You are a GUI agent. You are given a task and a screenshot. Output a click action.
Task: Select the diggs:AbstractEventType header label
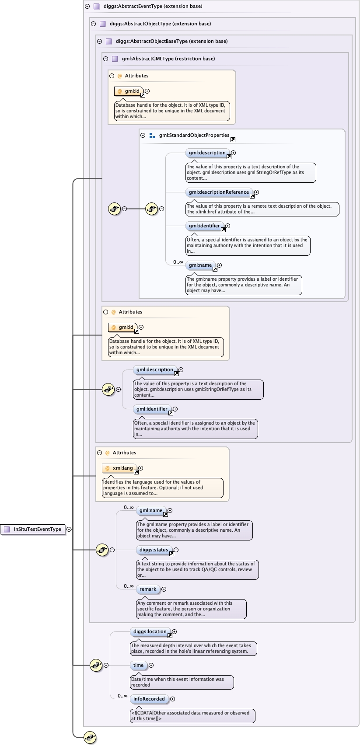click(153, 7)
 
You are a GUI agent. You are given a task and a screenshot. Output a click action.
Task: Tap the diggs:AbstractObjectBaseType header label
click(171, 41)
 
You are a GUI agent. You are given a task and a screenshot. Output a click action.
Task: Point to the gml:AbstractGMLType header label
click(168, 59)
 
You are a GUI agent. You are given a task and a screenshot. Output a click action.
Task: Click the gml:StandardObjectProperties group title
click(194, 136)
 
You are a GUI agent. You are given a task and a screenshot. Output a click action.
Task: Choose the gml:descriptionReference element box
click(219, 192)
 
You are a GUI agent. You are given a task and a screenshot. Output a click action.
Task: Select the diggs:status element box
click(154, 550)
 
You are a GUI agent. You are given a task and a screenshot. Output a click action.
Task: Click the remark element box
click(148, 589)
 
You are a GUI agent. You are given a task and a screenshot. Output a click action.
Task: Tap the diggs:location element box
click(150, 631)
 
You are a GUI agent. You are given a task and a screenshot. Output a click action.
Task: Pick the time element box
click(138, 665)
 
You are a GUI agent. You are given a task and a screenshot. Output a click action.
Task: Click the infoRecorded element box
click(149, 699)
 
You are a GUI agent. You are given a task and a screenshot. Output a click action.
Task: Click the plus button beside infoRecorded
click(172, 699)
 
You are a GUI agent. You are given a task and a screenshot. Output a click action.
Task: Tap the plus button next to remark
click(164, 589)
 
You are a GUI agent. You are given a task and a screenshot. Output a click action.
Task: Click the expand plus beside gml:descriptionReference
click(257, 192)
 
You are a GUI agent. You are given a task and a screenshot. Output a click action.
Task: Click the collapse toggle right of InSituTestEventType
click(69, 529)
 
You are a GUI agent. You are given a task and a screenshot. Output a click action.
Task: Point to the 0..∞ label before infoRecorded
click(122, 696)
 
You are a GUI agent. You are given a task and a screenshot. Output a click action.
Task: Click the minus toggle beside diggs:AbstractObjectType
click(93, 24)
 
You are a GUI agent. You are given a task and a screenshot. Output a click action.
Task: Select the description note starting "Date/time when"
click(182, 682)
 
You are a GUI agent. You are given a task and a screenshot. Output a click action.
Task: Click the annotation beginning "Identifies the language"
click(162, 488)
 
